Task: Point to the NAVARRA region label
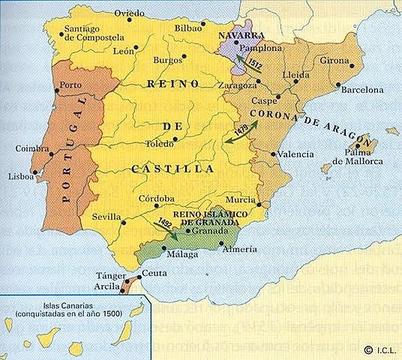coord(239,36)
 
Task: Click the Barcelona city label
coord(362,89)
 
